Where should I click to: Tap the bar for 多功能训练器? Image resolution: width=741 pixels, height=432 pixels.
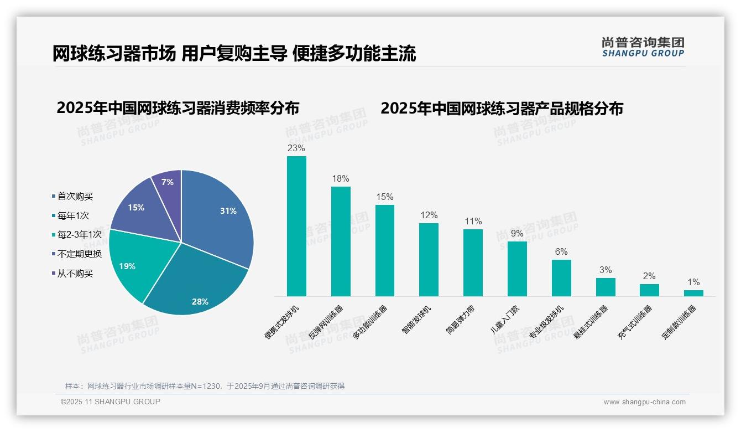click(x=385, y=250)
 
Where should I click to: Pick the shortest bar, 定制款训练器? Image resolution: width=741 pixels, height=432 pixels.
click(x=693, y=293)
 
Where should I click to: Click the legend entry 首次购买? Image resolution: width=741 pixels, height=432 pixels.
click(x=75, y=196)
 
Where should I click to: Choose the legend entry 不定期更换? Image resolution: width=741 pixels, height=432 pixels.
click(x=79, y=254)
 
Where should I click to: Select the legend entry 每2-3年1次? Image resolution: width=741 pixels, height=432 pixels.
click(x=79, y=235)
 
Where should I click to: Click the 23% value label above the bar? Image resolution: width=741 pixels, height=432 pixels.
click(x=296, y=148)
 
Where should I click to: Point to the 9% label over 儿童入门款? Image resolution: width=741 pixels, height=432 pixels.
click(x=517, y=234)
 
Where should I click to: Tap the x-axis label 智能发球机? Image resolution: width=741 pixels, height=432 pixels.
click(x=417, y=320)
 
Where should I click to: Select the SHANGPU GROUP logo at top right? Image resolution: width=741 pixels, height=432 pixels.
click(x=643, y=47)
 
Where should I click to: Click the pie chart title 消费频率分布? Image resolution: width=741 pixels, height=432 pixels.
click(x=178, y=108)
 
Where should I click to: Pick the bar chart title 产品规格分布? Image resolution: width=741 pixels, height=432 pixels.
click(x=502, y=109)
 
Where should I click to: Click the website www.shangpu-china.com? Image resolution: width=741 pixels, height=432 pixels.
click(x=644, y=402)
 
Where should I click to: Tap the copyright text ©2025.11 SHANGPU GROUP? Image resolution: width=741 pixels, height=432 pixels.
click(x=111, y=402)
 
